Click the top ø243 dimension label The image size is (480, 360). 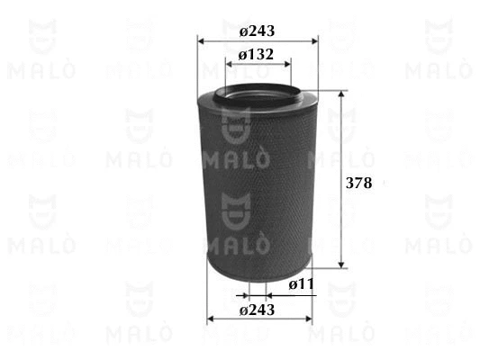pos(257,31)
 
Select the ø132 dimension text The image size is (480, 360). pos(256,55)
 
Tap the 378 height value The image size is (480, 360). pos(358,183)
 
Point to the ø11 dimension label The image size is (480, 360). pos(301,284)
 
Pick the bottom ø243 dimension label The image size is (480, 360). pos(257,310)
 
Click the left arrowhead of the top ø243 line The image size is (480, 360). pos(201,41)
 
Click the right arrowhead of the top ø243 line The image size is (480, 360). pos(315,41)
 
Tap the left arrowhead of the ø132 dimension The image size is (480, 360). pos(229,64)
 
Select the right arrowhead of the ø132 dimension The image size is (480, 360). pos(287,64)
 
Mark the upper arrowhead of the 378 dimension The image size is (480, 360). pos(341,94)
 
